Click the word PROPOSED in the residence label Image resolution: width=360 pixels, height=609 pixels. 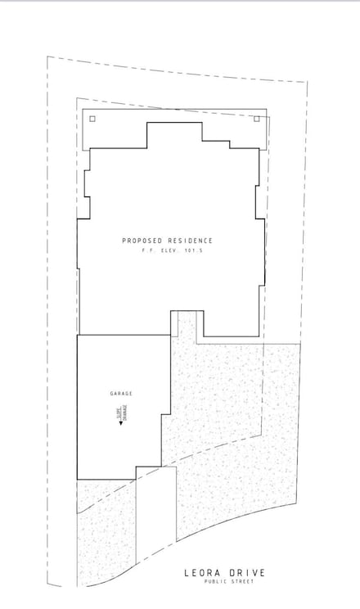point(139,241)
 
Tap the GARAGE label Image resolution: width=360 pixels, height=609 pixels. point(121,394)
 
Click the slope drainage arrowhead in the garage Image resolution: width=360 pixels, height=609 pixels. point(121,422)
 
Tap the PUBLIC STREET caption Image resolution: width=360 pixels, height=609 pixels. point(229,582)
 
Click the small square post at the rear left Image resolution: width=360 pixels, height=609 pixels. point(92,119)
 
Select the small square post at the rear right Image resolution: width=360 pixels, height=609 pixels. point(256,119)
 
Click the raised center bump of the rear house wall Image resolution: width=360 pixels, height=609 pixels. point(174,131)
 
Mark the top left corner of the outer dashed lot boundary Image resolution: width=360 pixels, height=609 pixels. point(47,56)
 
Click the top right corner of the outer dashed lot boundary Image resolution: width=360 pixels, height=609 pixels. point(308,83)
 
